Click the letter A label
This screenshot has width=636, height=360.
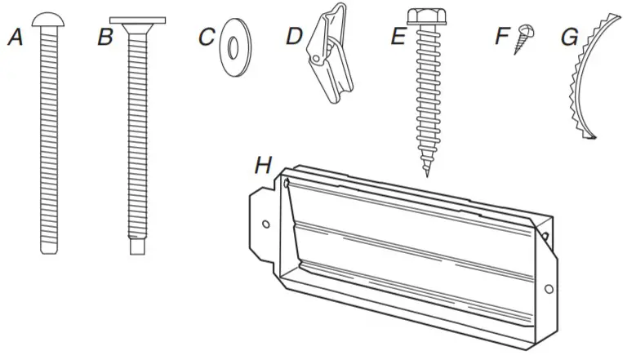point(15,38)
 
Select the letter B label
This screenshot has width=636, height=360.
point(105,38)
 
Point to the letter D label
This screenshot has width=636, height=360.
point(294,38)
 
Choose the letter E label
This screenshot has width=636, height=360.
point(398,38)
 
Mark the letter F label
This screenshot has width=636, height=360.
point(502,38)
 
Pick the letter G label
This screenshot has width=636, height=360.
point(569,38)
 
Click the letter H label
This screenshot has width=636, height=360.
point(262,166)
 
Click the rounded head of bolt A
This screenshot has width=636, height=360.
point(49,18)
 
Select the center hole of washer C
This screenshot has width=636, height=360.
point(234,48)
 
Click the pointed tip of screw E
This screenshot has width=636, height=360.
point(426,173)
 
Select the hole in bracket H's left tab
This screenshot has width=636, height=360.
point(265,222)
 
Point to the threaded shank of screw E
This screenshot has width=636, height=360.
point(425,98)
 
